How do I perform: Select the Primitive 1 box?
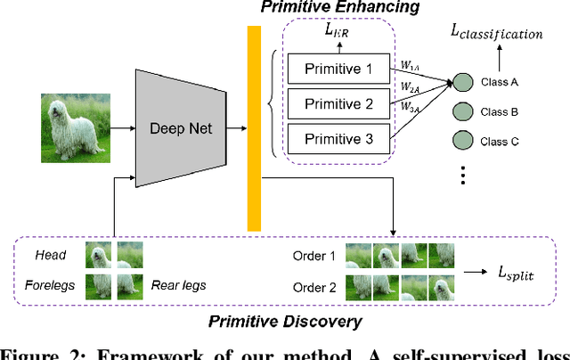tap(338, 69)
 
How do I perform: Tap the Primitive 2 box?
tap(338, 103)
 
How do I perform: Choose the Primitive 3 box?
tap(338, 139)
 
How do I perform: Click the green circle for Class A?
tap(462, 83)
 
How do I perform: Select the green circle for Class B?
tap(462, 112)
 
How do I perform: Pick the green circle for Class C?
tap(462, 141)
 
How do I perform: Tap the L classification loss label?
tap(496, 34)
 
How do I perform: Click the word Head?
tap(51, 255)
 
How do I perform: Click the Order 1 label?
tap(314, 255)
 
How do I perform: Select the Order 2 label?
tap(314, 286)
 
